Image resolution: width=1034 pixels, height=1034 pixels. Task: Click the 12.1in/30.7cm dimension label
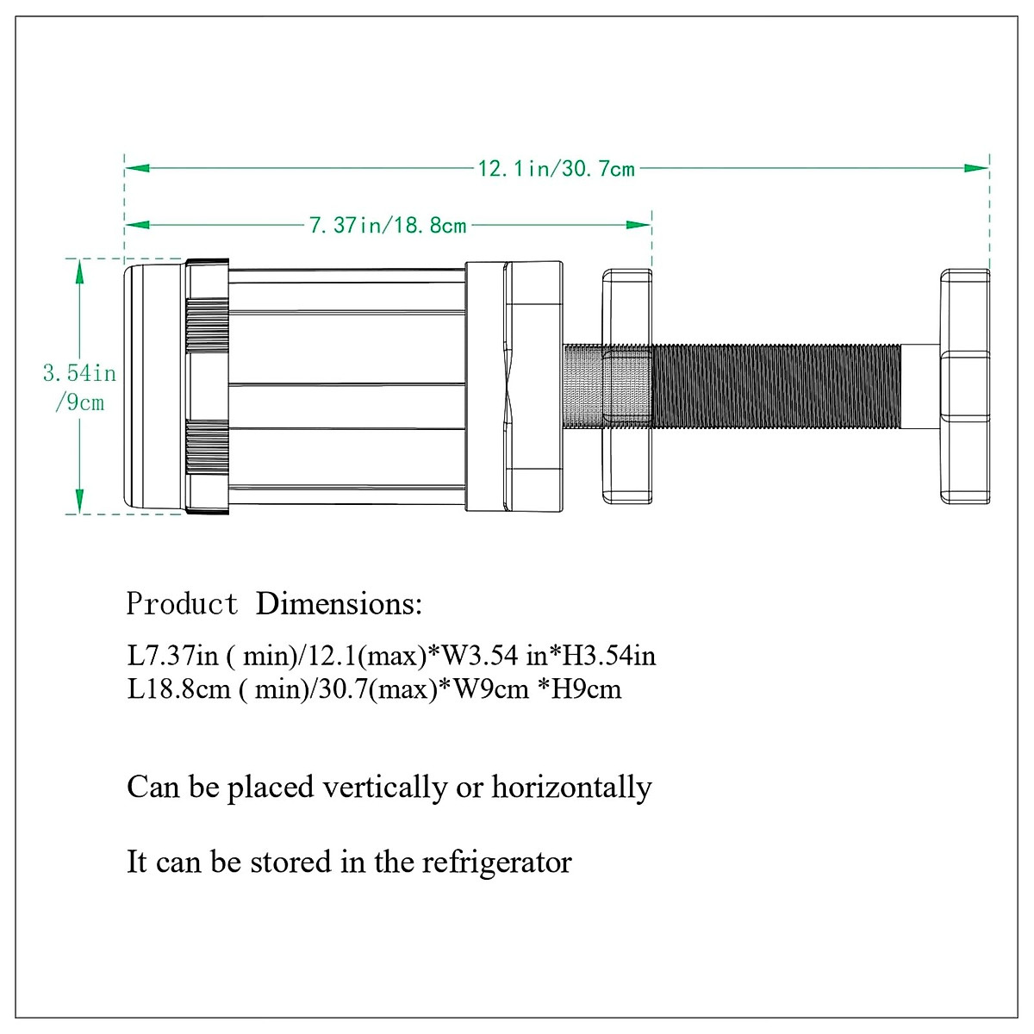(x=557, y=169)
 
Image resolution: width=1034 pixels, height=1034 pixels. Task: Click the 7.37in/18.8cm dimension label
(x=388, y=226)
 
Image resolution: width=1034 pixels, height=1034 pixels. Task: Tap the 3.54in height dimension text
(x=79, y=373)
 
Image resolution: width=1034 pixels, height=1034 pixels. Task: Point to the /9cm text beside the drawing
(x=80, y=402)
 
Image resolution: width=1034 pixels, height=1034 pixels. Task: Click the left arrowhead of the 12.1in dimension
(x=137, y=169)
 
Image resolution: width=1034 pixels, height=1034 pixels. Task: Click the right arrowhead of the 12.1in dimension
(x=976, y=169)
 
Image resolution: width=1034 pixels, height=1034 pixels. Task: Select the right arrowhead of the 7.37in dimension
(x=638, y=225)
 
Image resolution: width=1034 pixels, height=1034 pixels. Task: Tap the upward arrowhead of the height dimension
(x=79, y=271)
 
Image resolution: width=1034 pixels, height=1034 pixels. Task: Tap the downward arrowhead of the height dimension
(x=79, y=501)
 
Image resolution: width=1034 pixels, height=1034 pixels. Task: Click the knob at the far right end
(x=965, y=386)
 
